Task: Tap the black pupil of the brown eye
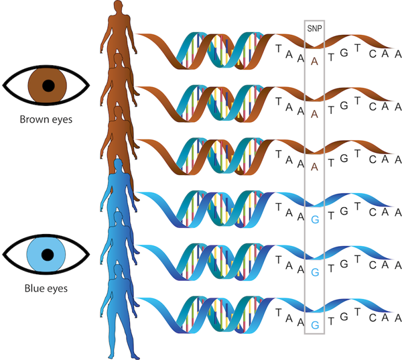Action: coord(48,85)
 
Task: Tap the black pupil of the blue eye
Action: coord(48,255)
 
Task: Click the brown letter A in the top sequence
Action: coord(315,60)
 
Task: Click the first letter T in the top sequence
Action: coord(279,48)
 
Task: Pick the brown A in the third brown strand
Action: coord(315,166)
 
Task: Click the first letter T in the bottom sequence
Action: coord(279,312)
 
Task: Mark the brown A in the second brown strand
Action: coord(315,113)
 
